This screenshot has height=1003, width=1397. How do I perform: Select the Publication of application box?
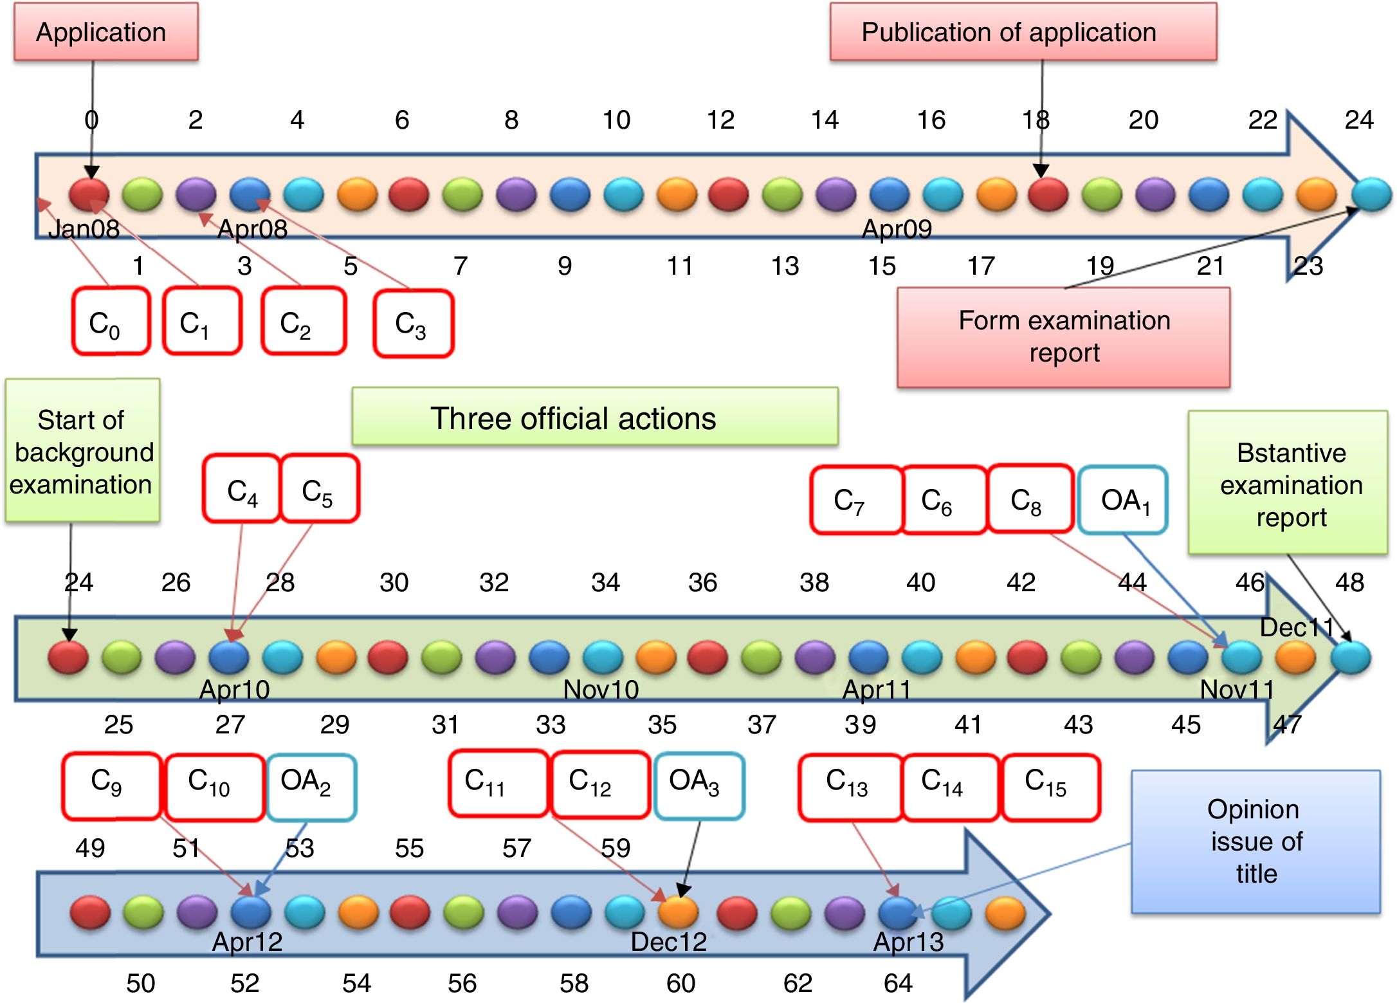point(1023,32)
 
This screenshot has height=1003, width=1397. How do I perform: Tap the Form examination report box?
point(1063,337)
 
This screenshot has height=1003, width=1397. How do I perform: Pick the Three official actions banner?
point(594,417)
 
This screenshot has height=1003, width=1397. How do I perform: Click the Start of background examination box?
point(82,450)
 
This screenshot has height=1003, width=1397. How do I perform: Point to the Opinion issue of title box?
point(1255,842)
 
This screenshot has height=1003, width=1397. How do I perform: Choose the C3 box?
point(413,324)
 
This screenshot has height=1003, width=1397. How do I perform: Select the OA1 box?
point(1123,500)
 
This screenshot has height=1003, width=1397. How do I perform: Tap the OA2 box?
point(311,787)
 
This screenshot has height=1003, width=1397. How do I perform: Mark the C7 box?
point(855,500)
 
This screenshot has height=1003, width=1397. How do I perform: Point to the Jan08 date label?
point(84,229)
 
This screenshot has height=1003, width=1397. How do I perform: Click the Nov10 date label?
point(601,690)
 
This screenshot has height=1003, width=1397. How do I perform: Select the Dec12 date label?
point(668,942)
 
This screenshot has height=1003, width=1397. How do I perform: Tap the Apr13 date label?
point(908,942)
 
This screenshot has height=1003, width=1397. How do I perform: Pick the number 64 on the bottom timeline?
point(898,983)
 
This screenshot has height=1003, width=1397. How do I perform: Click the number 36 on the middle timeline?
point(702,582)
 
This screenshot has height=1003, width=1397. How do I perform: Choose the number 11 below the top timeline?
point(680,266)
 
